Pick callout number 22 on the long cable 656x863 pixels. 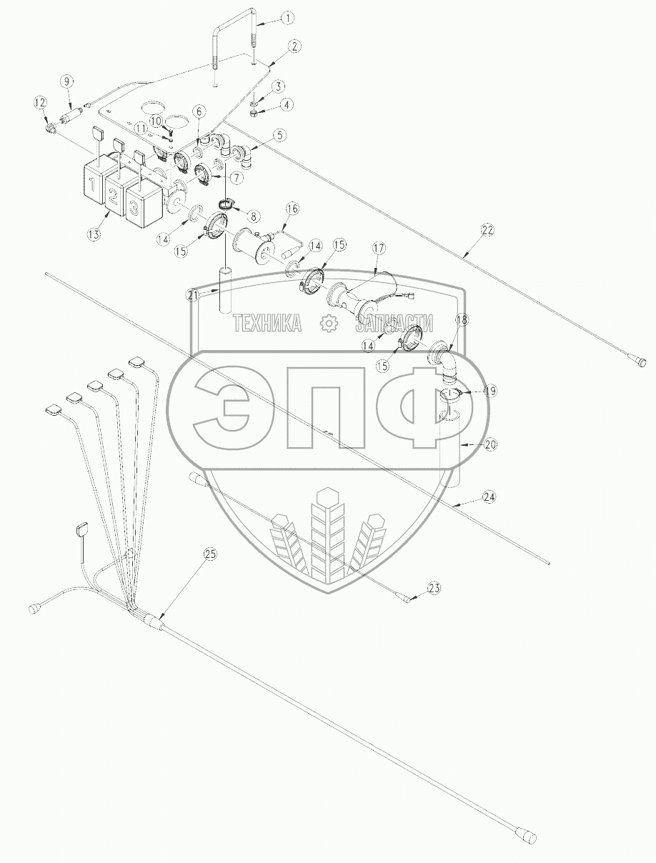[x=487, y=230]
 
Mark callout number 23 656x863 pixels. [x=434, y=588]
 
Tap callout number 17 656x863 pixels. [x=379, y=248]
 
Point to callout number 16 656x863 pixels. [x=292, y=209]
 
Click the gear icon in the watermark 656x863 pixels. [x=329, y=324]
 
